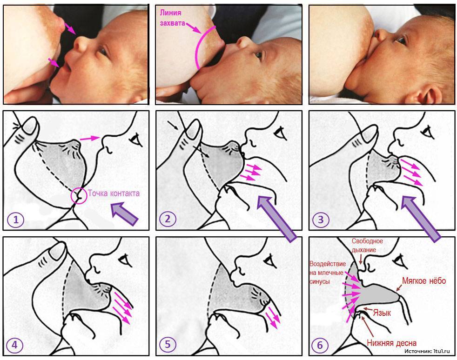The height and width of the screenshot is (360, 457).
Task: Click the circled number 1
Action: click(16, 220)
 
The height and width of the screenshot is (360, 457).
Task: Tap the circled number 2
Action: click(168, 219)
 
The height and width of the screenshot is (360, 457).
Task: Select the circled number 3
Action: click(321, 220)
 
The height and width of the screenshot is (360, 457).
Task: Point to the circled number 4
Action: click(14, 345)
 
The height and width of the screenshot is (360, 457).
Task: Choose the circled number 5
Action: click(168, 345)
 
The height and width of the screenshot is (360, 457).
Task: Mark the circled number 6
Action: click(320, 345)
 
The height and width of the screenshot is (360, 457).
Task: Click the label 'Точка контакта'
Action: click(114, 193)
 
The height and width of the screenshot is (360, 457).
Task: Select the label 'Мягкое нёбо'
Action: click(424, 281)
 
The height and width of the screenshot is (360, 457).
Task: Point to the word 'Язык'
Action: click(382, 313)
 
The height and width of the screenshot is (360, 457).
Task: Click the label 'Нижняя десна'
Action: click(391, 343)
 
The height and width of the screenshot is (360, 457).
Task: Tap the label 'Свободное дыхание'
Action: click(367, 245)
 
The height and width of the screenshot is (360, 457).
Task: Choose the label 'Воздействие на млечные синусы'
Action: click(328, 273)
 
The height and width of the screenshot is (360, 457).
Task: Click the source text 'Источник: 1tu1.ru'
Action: click(427, 351)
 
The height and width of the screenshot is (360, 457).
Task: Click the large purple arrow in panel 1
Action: click(124, 214)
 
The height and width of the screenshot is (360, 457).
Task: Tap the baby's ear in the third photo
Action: click(427, 94)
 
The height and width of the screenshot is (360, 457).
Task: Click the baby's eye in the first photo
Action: click(102, 51)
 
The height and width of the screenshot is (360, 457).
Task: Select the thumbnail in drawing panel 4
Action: click(57, 251)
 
